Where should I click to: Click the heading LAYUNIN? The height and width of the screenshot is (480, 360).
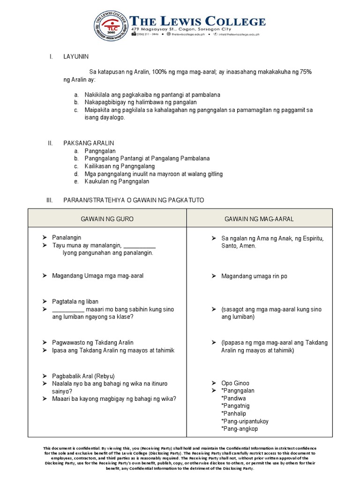[76, 57]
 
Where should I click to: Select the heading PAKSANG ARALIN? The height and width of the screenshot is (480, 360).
[89, 143]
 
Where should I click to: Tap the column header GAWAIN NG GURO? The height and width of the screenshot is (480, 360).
[107, 219]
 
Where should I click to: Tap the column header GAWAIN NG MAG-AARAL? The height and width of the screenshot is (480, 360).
[259, 219]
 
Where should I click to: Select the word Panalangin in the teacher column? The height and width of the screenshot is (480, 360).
[67, 238]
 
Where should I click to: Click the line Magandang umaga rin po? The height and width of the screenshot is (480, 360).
[254, 276]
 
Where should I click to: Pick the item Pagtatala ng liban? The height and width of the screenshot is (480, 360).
[75, 301]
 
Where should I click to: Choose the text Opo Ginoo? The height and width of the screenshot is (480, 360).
[235, 383]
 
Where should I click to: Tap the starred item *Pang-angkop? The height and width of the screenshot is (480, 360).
[239, 428]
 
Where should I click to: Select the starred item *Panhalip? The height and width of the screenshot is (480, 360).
[233, 413]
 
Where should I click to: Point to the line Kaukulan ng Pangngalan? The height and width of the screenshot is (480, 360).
[117, 181]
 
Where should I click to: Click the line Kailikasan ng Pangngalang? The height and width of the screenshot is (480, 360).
[120, 166]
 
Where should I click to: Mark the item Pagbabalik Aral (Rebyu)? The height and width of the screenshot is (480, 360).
[83, 376]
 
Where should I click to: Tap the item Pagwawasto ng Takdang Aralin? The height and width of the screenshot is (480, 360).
[93, 343]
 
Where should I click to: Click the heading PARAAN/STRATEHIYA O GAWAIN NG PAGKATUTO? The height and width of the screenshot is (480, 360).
[134, 200]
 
